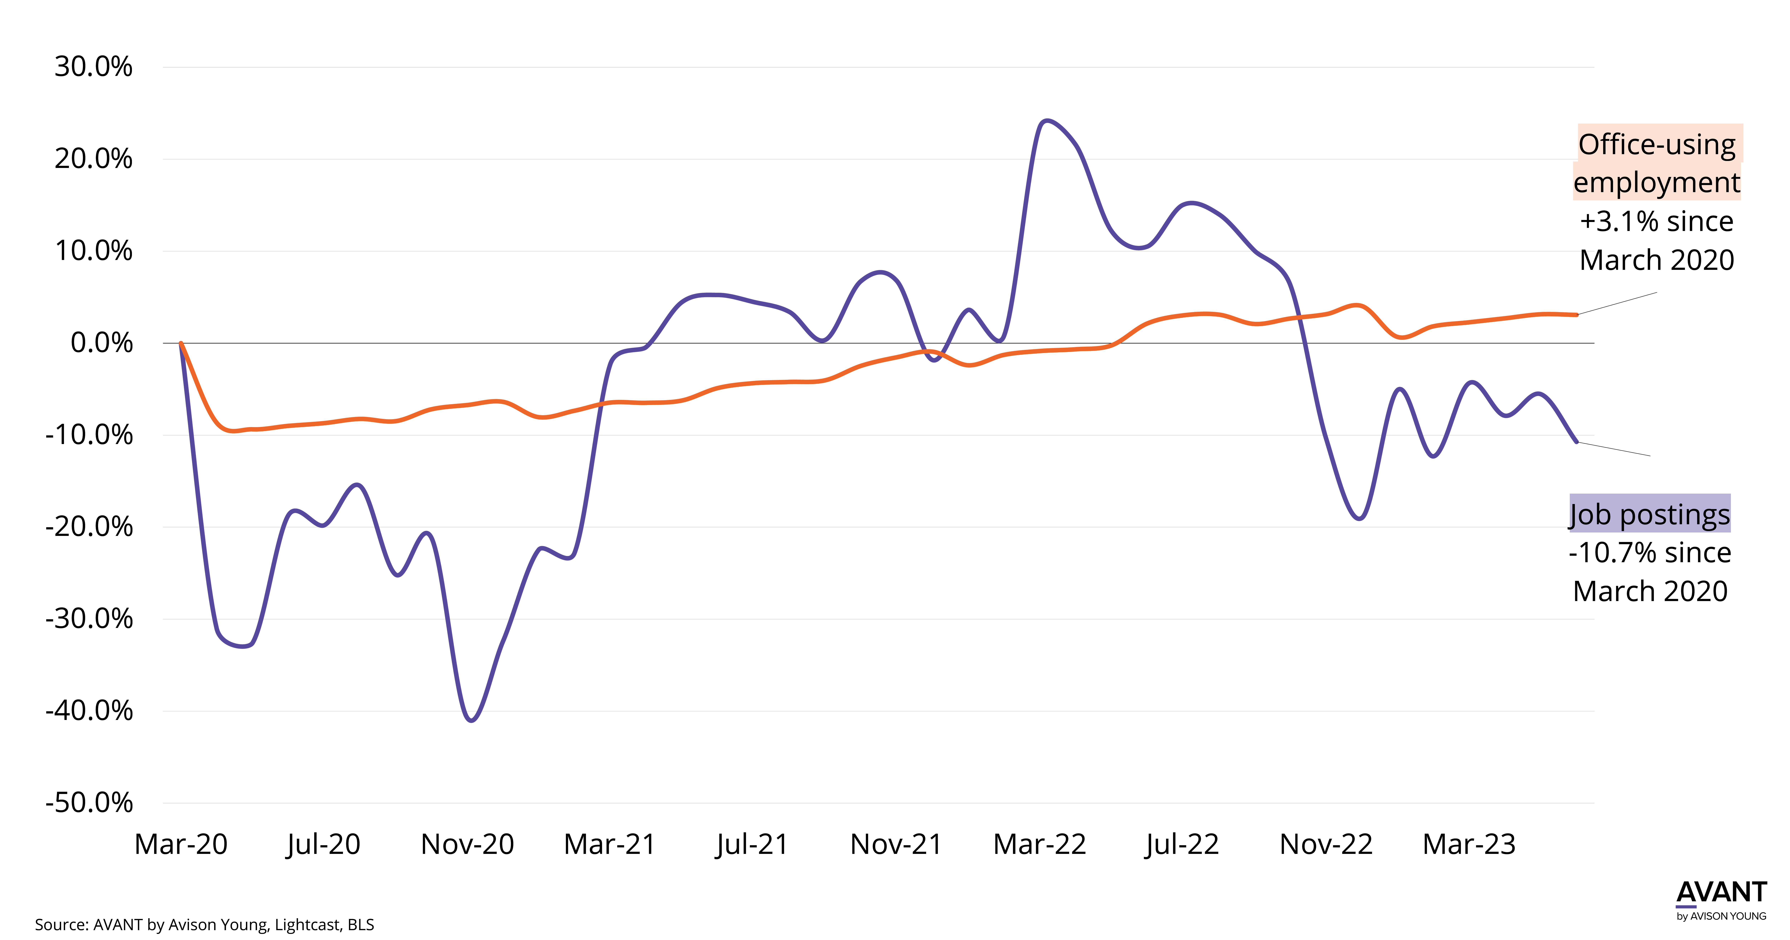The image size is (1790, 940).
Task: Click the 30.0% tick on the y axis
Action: click(93, 67)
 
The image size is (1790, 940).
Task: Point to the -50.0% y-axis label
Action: click(89, 802)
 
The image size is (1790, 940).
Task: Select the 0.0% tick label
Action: click(101, 343)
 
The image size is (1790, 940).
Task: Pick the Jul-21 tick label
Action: click(753, 844)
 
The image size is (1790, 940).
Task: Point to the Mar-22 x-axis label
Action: click(1039, 844)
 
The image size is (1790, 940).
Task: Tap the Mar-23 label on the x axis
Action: click(1469, 844)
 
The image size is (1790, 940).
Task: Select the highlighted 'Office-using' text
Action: click(1658, 144)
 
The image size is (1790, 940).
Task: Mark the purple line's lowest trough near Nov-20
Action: click(472, 720)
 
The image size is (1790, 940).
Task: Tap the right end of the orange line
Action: click(1577, 315)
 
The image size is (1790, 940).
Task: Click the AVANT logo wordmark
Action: click(1721, 893)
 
